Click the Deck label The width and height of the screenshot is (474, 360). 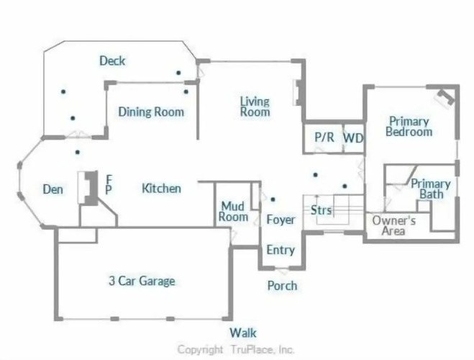112,60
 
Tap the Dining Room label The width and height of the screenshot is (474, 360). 151,112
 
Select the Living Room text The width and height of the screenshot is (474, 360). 255,107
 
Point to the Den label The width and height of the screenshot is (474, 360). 53,189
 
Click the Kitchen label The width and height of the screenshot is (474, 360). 161,189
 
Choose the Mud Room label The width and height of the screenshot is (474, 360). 233,212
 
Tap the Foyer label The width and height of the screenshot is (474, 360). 281,220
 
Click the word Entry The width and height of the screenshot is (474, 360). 281,250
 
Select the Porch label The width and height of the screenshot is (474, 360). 283,286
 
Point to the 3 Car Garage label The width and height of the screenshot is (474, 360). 142,281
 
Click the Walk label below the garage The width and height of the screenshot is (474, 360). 243,333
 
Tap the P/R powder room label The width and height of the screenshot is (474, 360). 324,137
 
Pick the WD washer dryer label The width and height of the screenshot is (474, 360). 353,138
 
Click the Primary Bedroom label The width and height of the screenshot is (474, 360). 409,127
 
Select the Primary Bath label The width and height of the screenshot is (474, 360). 431,189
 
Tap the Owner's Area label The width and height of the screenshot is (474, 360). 393,225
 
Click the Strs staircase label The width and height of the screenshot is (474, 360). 321,210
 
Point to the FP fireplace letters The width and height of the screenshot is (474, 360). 109,184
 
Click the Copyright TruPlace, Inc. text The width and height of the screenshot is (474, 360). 235,350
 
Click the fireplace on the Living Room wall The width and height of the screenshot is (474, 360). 297,92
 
